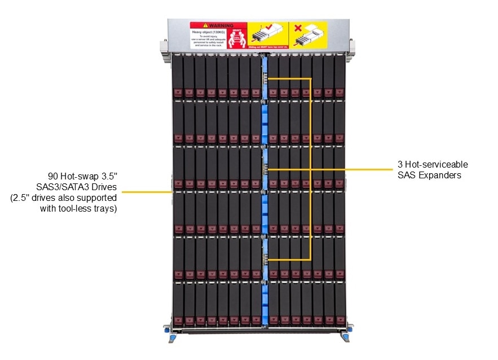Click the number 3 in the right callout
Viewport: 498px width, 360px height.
point(400,164)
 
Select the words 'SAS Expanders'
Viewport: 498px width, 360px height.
point(429,175)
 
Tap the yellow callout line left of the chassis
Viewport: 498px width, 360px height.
point(146,192)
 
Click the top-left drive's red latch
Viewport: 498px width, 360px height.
point(178,92)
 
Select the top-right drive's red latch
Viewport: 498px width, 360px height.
point(339,92)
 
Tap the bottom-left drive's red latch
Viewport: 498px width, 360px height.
point(178,321)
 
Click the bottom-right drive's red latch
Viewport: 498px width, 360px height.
point(339,321)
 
